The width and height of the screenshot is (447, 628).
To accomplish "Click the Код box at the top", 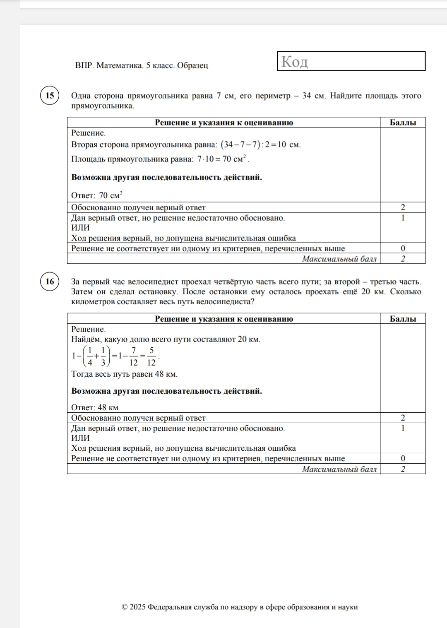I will click(351, 61).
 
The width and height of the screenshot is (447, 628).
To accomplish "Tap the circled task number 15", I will click(50, 96).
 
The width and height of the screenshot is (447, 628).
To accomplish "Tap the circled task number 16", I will click(50, 282).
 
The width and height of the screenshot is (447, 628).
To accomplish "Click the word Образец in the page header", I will click(192, 65).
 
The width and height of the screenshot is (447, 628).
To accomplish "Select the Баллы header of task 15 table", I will click(403, 123).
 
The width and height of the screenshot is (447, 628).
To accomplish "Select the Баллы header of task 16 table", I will click(403, 319).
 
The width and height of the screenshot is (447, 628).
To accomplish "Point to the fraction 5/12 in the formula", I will click(151, 356).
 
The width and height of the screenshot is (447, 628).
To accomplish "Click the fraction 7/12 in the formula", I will click(133, 356).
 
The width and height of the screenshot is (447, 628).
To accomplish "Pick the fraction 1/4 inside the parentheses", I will click(90, 356).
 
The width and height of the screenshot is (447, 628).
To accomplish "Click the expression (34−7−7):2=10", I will click(253, 144).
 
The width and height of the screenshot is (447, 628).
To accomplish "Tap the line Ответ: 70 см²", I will click(97, 195).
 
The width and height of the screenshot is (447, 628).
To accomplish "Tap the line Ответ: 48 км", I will click(95, 407).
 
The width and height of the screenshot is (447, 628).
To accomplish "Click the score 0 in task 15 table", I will click(403, 248).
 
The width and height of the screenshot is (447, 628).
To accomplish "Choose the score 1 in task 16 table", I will click(403, 428).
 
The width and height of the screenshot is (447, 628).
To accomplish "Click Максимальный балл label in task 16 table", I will click(339, 469).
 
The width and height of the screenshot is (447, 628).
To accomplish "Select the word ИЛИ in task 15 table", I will click(80, 228).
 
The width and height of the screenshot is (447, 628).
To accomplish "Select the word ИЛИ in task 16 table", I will click(80, 438).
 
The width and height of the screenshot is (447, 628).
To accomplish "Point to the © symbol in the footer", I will click(125, 607).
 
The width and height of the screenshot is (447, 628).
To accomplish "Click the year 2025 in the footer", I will click(137, 607).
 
